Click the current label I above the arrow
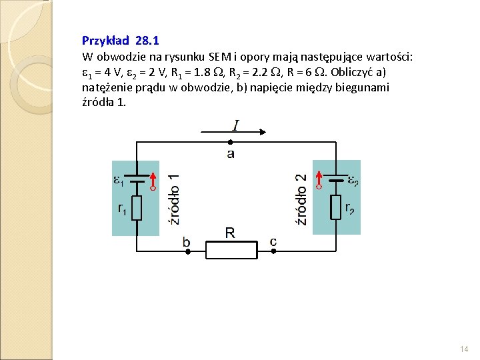[x=236, y=125]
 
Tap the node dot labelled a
[x=230, y=142]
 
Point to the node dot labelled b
[x=188, y=251]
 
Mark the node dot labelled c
[x=273, y=251]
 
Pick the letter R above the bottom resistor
[x=230, y=233]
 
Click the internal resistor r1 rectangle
[x=137, y=208]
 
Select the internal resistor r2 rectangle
[x=336, y=207]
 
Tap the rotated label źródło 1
[x=173, y=199]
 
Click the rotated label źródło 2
[x=301, y=199]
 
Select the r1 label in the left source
[x=122, y=209]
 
